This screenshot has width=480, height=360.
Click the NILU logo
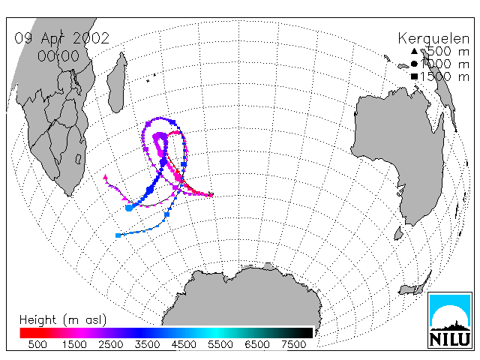450,320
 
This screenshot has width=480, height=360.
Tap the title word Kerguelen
433,39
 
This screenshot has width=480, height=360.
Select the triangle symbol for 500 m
414,51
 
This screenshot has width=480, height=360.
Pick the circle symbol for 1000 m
414,64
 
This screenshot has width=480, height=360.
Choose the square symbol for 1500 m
414,76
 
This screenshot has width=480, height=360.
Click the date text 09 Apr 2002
61,38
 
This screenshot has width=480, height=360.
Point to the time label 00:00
58,56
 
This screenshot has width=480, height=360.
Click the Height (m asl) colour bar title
63,320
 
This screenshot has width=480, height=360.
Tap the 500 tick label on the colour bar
37,344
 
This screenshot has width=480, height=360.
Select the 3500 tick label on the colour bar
147,344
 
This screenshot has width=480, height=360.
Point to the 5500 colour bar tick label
220,344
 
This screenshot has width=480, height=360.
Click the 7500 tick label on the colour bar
293,344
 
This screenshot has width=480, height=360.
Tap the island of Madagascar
117,82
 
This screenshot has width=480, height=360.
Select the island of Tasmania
398,233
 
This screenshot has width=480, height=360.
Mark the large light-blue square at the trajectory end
118,235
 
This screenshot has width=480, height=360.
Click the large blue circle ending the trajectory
129,208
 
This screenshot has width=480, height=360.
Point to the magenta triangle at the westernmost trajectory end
105,177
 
